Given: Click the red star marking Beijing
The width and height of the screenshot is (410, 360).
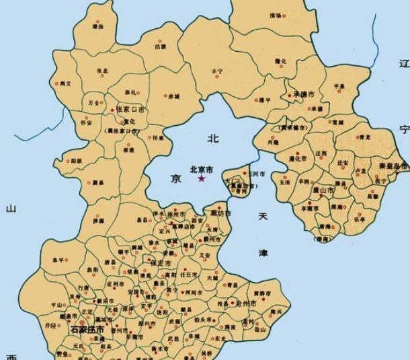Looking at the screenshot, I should click(202, 178).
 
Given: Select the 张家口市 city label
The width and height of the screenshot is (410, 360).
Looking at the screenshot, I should click(132, 108).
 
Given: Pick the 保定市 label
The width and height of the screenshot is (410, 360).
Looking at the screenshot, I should click(163, 263).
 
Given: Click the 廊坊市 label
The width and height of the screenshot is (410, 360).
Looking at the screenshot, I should click(221, 213).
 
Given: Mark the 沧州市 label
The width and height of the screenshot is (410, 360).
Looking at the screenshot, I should click(245, 304).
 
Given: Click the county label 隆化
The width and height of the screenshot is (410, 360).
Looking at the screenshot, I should click(280, 61).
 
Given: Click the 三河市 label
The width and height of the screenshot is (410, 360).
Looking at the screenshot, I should click(257, 173).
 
